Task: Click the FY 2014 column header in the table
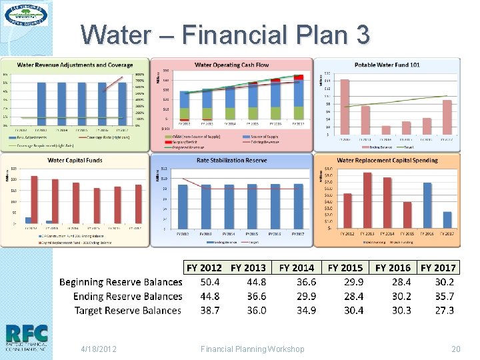coord(297,268)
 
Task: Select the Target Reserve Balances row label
coord(128,311)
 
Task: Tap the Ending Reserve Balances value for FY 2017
coord(444,296)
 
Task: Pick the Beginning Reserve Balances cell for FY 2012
coord(211,282)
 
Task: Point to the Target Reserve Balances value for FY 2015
coord(353,311)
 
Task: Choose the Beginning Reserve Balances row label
coord(121,282)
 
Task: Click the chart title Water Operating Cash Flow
coord(231,65)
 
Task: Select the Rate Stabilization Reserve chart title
coord(231,160)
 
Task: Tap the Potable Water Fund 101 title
coord(387,65)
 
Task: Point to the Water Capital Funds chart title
coord(74,160)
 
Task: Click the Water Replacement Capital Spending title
coord(387,160)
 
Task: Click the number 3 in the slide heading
coord(362,34)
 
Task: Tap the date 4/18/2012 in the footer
coord(98,349)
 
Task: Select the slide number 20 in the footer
coord(456,349)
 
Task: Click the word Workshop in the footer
coord(284,349)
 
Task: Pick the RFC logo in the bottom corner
coord(26,337)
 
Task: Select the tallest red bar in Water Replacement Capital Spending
coord(367,201)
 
